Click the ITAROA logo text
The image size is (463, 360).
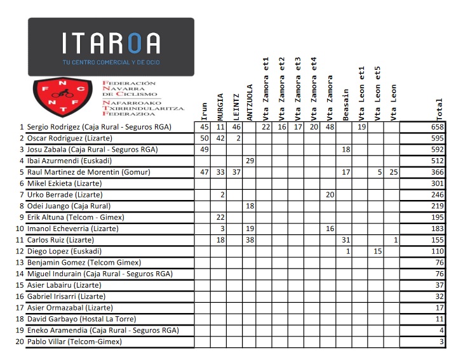click(111, 43)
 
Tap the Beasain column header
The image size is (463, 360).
click(346, 104)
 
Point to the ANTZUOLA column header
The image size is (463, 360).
click(250, 102)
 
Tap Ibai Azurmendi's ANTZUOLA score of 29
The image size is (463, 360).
click(250, 161)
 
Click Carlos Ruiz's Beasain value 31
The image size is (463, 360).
click(346, 240)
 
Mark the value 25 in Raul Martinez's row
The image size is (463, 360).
click(393, 172)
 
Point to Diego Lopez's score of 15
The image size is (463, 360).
click(377, 251)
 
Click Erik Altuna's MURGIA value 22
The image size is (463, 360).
click(220, 217)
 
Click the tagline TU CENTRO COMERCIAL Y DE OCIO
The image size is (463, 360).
click(111, 62)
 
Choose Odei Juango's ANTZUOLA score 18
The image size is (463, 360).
click(250, 206)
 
